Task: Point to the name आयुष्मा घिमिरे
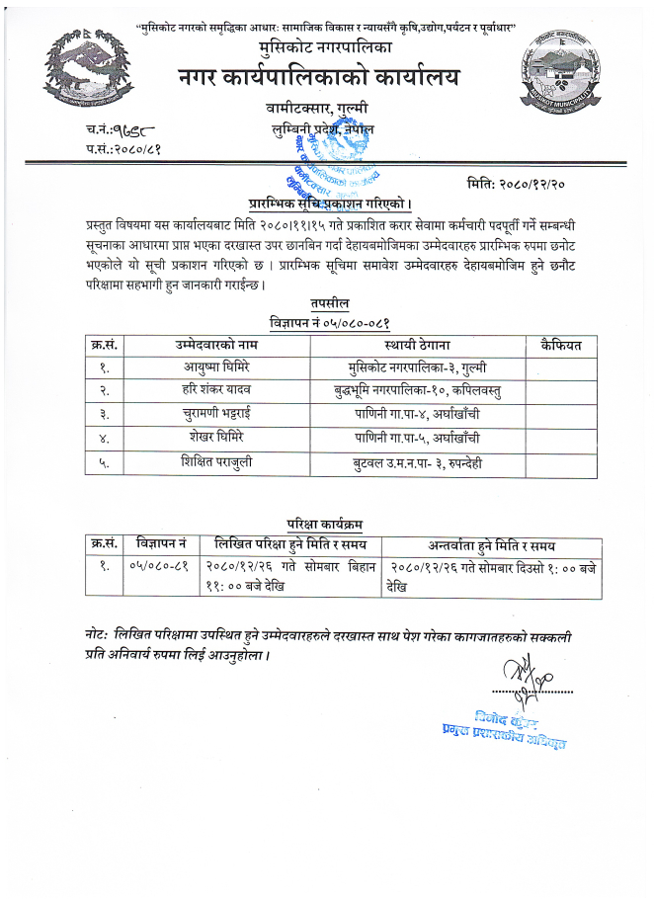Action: click(224, 368)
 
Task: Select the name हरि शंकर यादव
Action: click(224, 390)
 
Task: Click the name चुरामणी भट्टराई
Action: click(224, 413)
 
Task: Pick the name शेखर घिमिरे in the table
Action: click(224, 436)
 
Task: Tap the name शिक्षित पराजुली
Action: click(224, 459)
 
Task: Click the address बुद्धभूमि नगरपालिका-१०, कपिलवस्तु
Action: click(417, 390)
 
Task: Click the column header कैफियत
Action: click(562, 344)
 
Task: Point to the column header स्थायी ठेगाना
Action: click(417, 344)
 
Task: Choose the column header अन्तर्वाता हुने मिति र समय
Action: click(491, 544)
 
